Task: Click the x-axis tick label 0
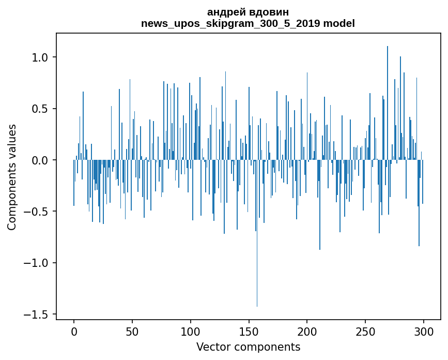click(x=74, y=330)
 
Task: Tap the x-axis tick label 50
click(x=132, y=330)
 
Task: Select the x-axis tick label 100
click(x=191, y=330)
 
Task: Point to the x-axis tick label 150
click(x=249, y=330)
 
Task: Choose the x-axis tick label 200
click(x=307, y=330)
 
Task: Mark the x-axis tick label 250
click(x=366, y=330)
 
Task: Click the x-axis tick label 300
click(x=424, y=330)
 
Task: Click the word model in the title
click(x=339, y=24)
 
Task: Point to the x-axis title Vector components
click(x=248, y=347)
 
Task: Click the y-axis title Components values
click(x=12, y=177)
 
